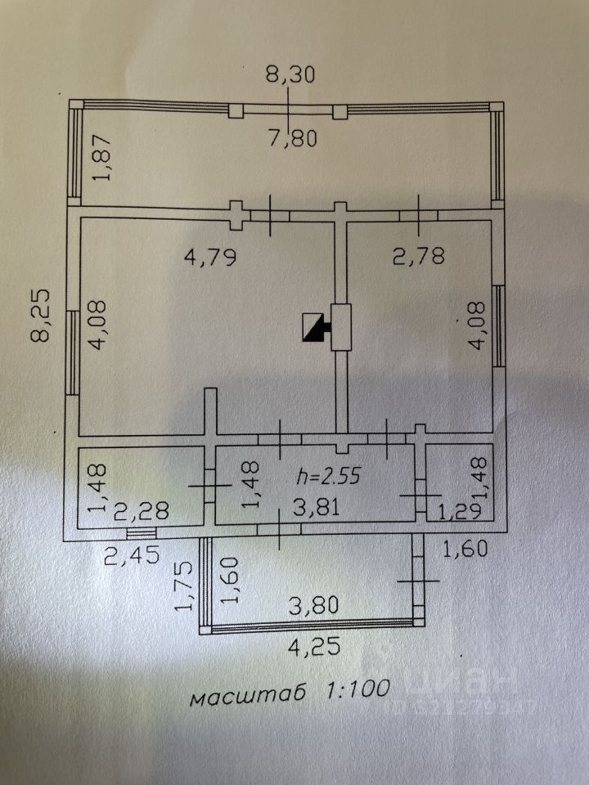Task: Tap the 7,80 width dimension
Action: [290, 138]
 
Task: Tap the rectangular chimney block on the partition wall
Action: [340, 327]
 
